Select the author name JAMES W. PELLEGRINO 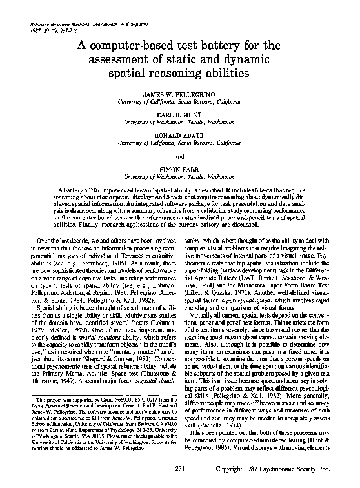(180, 95)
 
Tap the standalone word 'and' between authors (180, 156)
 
